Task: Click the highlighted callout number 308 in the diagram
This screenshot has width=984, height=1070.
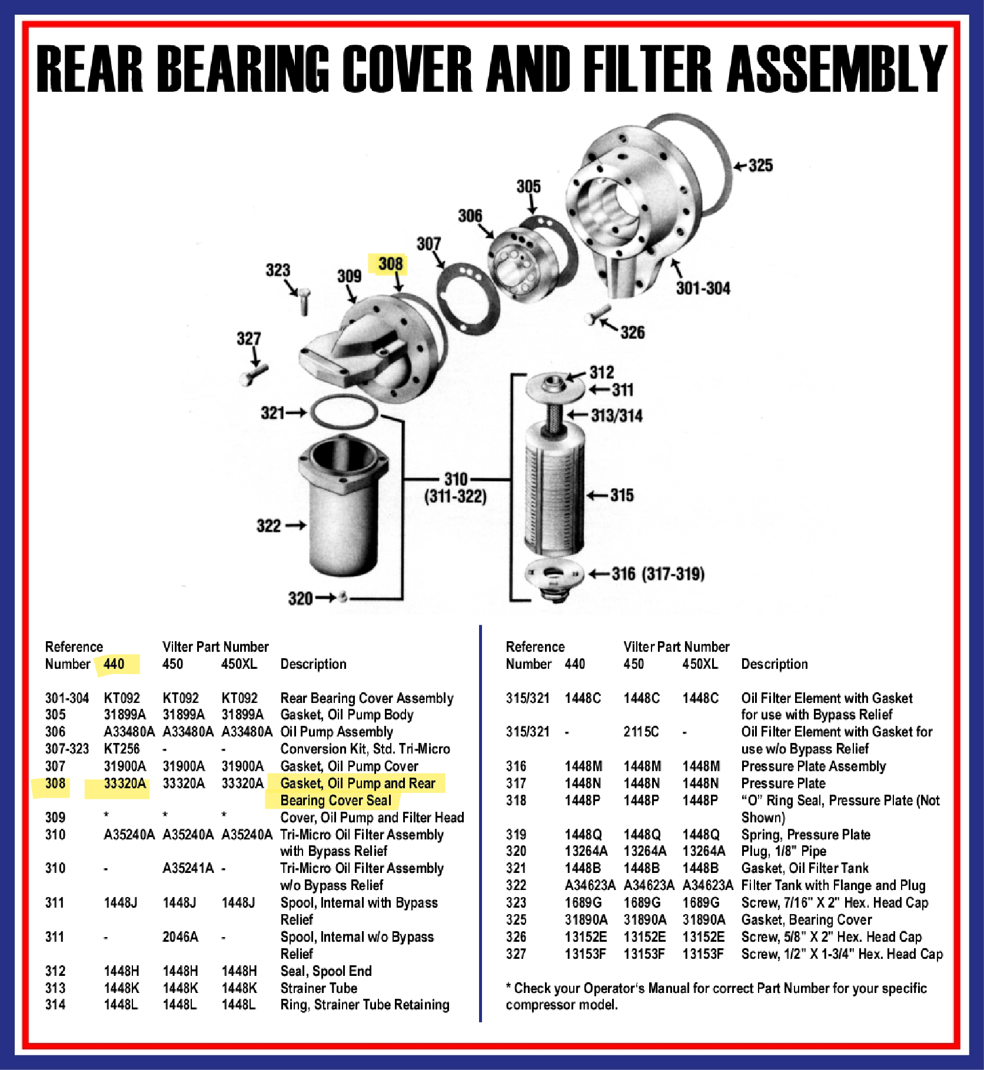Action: [390, 264]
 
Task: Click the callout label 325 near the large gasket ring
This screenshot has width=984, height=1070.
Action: [760, 165]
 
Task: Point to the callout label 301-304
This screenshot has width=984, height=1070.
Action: [703, 288]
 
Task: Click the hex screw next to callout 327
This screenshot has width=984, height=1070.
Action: [254, 374]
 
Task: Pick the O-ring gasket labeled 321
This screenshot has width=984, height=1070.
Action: [344, 411]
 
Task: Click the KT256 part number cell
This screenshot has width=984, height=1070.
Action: [122, 749]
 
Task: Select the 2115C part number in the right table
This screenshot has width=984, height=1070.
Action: [641, 732]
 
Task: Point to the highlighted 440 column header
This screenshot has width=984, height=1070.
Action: [114, 664]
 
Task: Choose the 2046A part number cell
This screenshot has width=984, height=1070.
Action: [180, 937]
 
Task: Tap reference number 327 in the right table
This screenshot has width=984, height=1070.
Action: [516, 954]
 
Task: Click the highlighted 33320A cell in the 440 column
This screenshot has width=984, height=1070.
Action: [124, 784]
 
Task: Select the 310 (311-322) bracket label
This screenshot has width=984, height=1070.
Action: [456, 488]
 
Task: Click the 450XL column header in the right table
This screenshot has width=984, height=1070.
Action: [700, 664]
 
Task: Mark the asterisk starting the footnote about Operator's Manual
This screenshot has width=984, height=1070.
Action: [508, 987]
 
